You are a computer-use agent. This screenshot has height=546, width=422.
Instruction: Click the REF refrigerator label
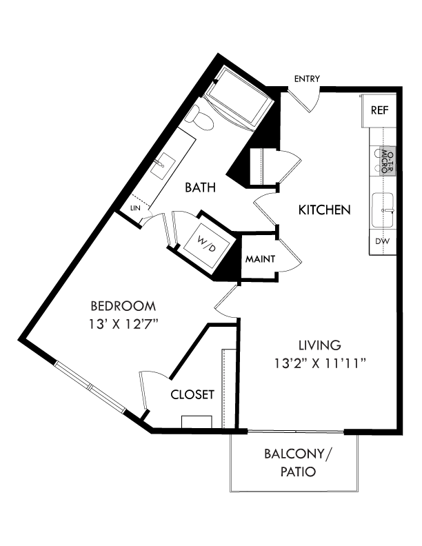click(x=379, y=110)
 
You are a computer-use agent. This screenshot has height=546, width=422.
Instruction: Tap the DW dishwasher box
click(x=381, y=242)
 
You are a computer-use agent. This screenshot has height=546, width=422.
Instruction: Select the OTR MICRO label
click(x=387, y=161)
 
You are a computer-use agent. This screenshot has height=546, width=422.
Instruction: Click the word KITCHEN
click(x=325, y=210)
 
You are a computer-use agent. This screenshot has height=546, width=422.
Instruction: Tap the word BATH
click(x=200, y=186)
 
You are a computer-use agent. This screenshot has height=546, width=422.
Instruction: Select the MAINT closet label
click(x=261, y=259)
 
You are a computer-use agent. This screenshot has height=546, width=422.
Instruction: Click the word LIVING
click(x=320, y=345)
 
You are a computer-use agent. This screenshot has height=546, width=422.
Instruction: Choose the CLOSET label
click(x=192, y=395)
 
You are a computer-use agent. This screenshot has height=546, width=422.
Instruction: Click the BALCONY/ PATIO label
click(x=299, y=463)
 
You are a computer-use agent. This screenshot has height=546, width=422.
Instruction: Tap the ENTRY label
click(x=306, y=79)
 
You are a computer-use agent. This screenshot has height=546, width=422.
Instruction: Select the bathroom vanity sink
click(x=165, y=165)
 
